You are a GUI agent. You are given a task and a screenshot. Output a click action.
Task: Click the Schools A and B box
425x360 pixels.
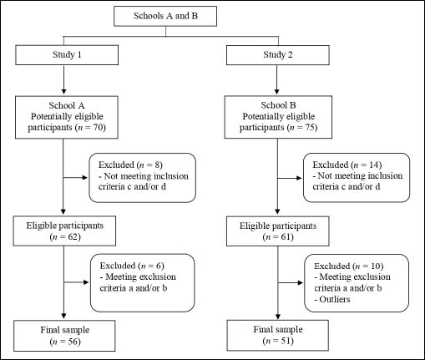pyautogui.click(x=165, y=17)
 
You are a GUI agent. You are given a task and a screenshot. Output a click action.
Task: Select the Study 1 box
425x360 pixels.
pyautogui.click(x=67, y=55)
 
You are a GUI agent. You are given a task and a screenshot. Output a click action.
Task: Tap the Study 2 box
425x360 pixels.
pyautogui.click(x=278, y=55)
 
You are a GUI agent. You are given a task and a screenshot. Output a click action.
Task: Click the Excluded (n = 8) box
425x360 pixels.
pyautogui.click(x=143, y=178)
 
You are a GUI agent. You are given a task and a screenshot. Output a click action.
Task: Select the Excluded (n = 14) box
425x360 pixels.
pyautogui.click(x=357, y=178)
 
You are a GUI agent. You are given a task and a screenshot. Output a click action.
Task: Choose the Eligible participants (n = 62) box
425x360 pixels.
pyautogui.click(x=64, y=231)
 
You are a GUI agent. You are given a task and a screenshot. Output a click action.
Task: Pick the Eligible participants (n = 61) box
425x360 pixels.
pyautogui.click(x=278, y=231)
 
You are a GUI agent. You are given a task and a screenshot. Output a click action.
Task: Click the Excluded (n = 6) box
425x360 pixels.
pyautogui.click(x=143, y=283)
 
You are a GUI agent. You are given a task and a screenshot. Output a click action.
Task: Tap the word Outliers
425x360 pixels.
pyautogui.click(x=335, y=300)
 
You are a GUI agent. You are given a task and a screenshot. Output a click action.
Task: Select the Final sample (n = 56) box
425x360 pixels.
pyautogui.click(x=64, y=336)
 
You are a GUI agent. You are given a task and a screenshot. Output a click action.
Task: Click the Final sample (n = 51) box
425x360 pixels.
pyautogui.click(x=278, y=335)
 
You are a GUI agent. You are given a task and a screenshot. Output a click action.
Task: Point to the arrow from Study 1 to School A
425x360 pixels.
pyautogui.click(x=63, y=79)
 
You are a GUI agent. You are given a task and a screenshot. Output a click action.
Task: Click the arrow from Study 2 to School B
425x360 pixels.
pyautogui.click(x=276, y=79)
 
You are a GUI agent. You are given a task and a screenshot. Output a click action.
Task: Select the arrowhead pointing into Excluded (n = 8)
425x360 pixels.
pyautogui.click(x=85, y=177)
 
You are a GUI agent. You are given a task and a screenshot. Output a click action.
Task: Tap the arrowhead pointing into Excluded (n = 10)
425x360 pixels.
pyautogui.click(x=301, y=283)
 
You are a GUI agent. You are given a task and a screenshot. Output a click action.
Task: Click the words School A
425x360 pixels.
pyautogui.click(x=67, y=105)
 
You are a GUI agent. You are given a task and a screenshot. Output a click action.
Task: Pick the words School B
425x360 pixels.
pyautogui.click(x=278, y=105)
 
